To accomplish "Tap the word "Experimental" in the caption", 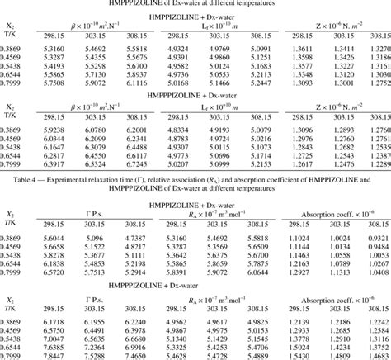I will [79, 177].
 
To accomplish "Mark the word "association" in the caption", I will [229, 177].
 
